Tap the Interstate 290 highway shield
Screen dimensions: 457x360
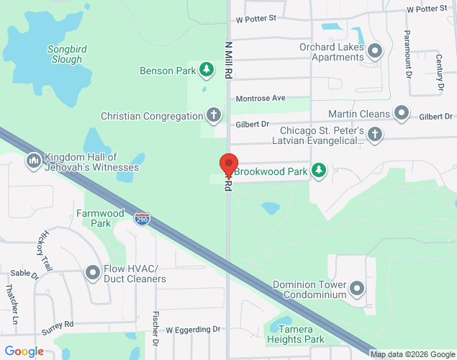142,218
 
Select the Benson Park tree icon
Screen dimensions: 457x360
207,69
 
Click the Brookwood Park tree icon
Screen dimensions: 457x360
319,171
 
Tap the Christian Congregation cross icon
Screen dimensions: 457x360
213,115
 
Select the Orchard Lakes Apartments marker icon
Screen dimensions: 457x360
375,51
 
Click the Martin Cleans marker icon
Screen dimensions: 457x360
402,113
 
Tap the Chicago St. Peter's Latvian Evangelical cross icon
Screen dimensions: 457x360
374,134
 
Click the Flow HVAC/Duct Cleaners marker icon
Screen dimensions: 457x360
93,273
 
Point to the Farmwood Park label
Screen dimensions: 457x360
100,218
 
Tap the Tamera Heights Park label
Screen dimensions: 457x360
296,334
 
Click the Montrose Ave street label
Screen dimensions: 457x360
261,98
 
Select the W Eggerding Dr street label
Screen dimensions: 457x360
193,329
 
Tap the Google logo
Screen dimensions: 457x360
24,351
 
